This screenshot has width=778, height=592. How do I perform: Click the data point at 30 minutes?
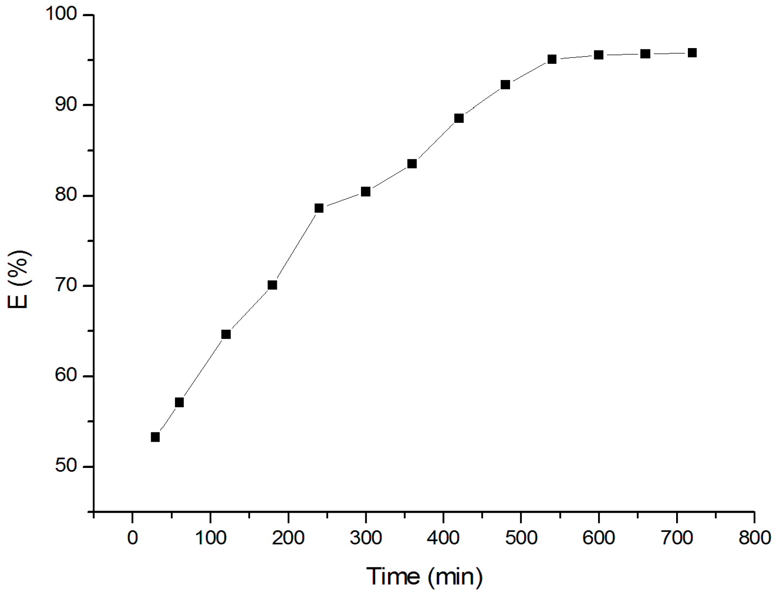coord(155,437)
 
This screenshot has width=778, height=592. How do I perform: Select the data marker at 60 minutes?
coord(179,402)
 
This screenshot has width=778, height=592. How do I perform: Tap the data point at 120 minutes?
coord(226,334)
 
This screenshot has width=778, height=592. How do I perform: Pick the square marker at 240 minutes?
coord(319,208)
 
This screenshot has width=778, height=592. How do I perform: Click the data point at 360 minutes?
coord(412,164)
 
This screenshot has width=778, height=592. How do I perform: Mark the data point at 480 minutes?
coord(505,84)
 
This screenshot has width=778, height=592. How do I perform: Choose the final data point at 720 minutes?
coord(692,53)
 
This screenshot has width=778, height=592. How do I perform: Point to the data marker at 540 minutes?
coord(552,59)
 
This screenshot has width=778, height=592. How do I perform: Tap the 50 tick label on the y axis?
coord(65,466)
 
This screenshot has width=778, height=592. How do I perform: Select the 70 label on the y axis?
coord(65,285)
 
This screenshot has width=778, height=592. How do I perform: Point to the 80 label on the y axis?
coord(65,195)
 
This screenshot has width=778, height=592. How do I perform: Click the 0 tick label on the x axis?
coord(133,538)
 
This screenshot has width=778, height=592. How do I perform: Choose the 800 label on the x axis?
coord(754,538)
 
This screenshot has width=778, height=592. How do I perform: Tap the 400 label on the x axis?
coord(443,538)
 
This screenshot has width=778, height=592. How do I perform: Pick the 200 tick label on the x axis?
coord(288,538)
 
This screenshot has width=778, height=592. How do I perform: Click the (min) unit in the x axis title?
coord(455,577)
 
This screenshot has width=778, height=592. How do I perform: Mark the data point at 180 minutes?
coord(272,285)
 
